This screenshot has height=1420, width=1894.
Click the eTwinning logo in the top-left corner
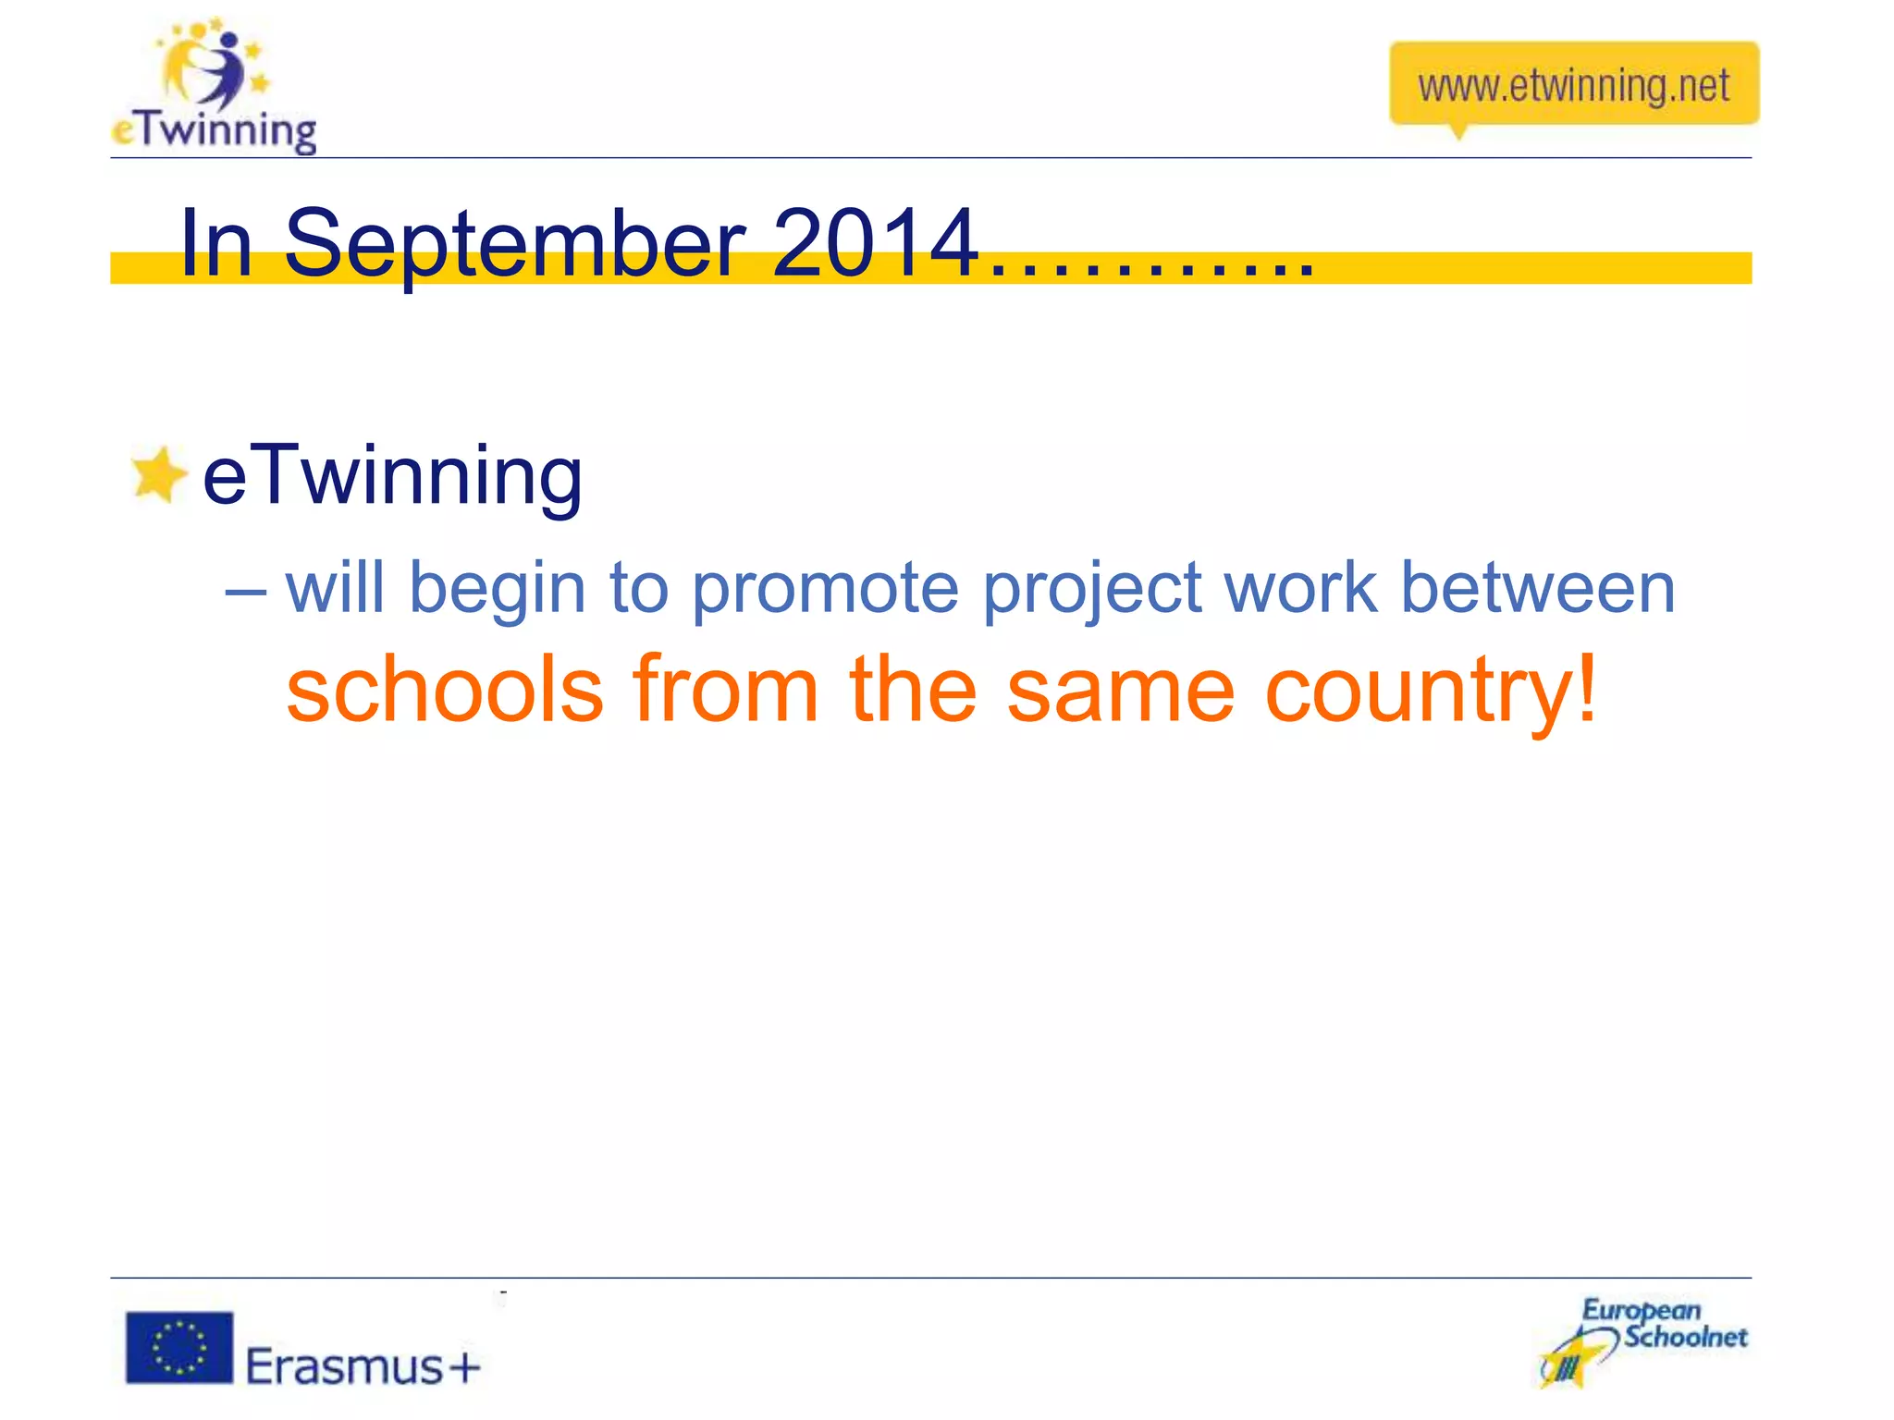215,88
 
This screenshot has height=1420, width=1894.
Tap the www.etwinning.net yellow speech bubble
1573,85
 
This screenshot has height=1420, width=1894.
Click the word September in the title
514,244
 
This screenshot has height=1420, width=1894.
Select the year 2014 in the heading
875,242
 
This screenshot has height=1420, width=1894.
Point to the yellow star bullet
157,475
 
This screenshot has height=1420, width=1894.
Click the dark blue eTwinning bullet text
392,476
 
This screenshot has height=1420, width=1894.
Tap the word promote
825,588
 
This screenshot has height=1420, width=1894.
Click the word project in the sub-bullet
1091,590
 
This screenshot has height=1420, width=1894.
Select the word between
1537,588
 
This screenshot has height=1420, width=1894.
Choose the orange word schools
445,690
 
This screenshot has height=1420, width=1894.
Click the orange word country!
1430,692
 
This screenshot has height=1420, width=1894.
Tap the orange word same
1120,692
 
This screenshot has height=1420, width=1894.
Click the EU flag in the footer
179,1347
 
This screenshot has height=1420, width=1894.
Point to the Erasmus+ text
363,1366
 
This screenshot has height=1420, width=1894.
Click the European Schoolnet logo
1643,1340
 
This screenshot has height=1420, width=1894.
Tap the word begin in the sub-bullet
498,590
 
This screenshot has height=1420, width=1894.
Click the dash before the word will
246,590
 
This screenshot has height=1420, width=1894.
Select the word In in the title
216,242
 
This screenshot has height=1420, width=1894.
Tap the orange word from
726,690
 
